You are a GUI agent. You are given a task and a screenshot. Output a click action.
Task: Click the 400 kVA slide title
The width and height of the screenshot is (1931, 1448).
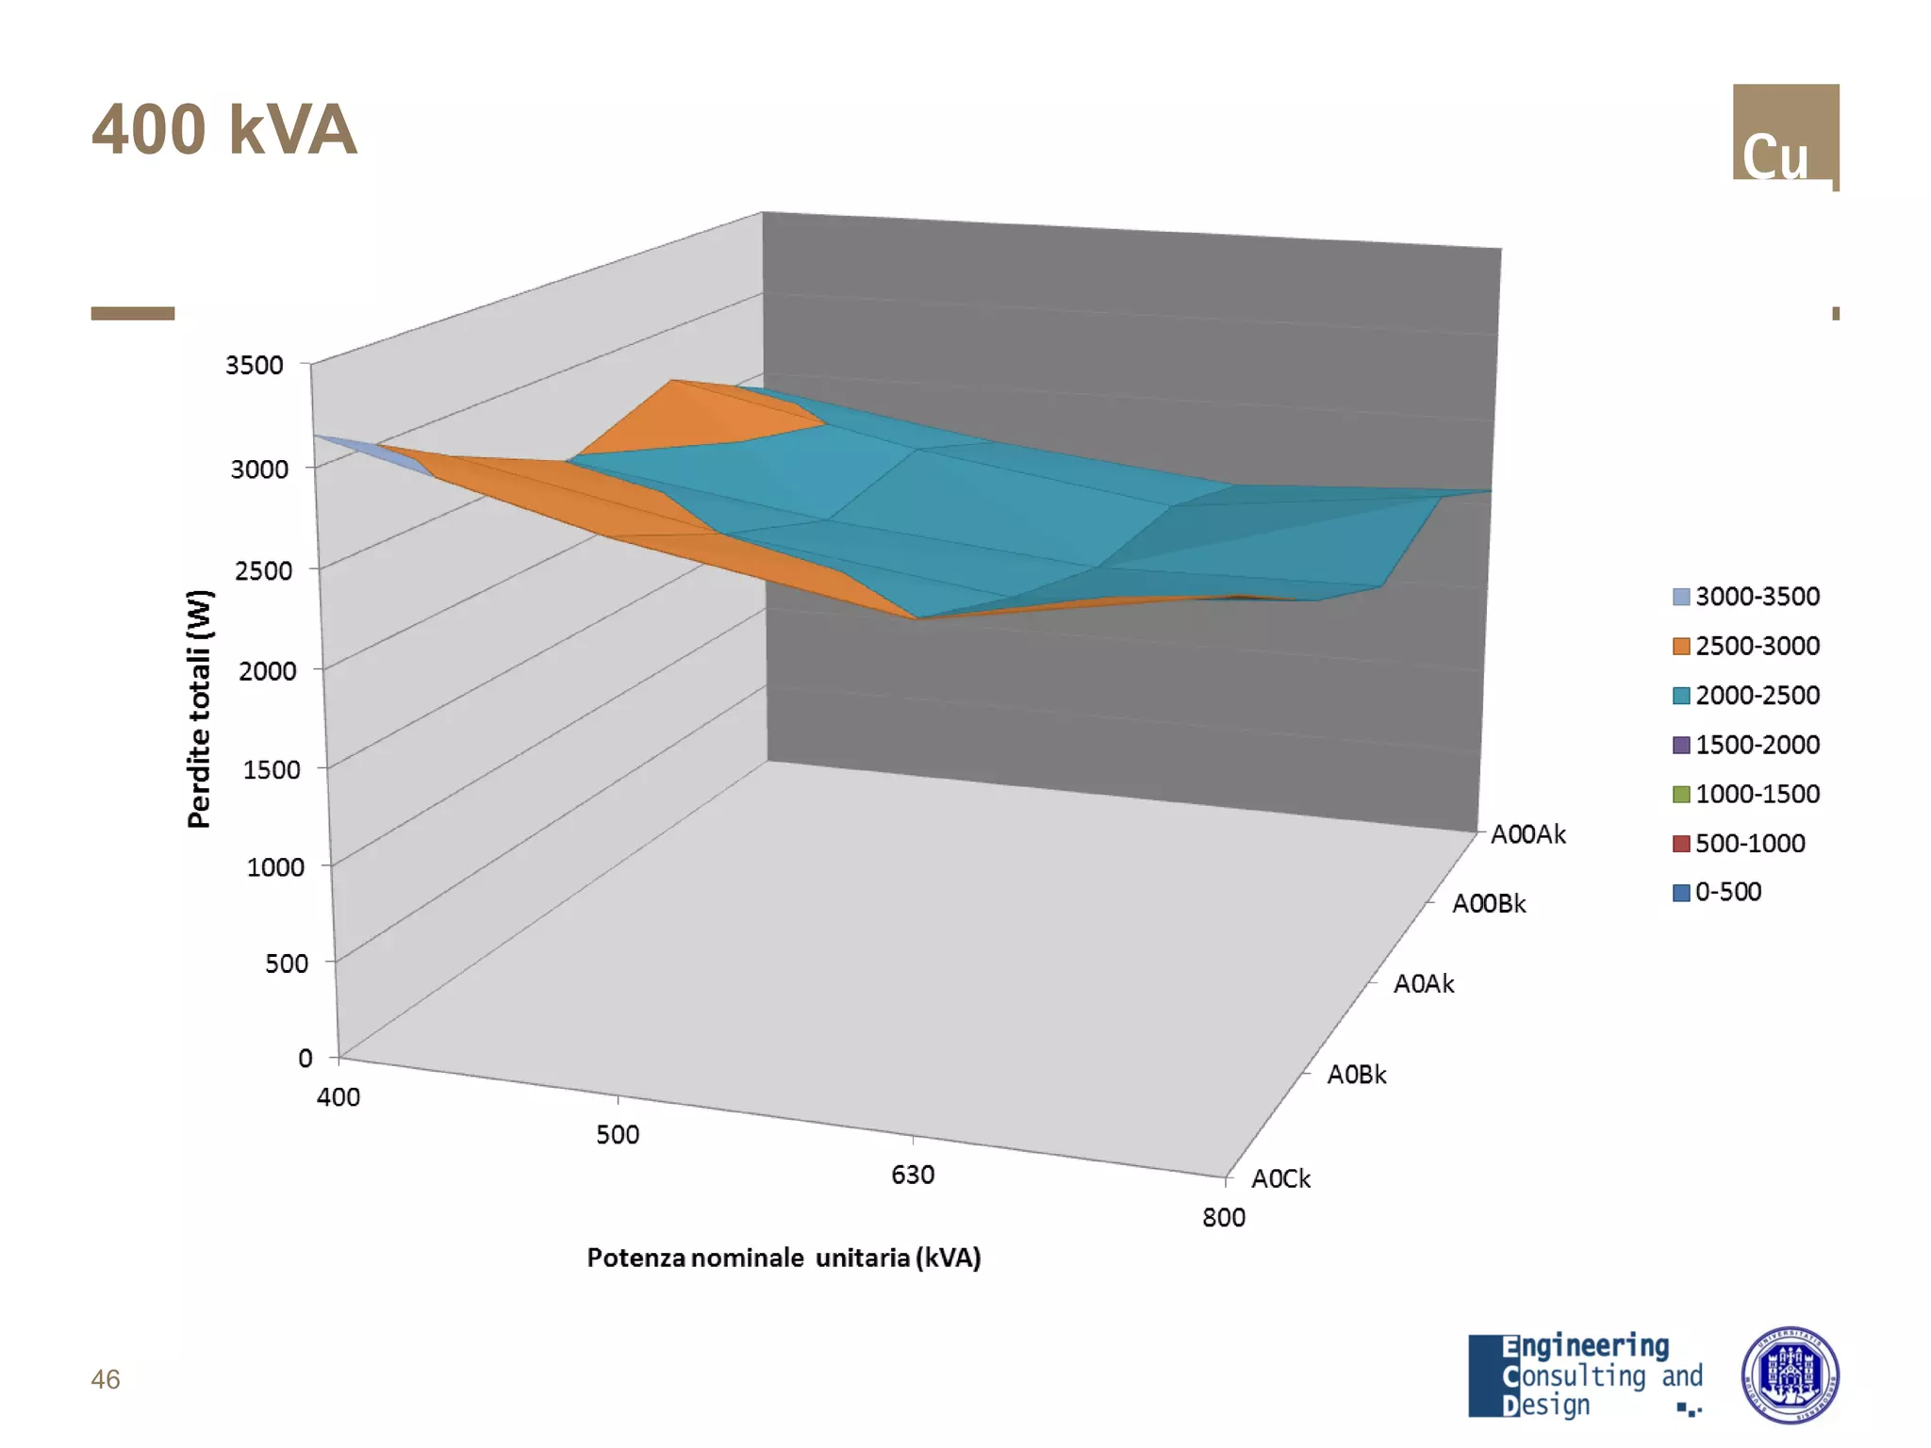[224, 130]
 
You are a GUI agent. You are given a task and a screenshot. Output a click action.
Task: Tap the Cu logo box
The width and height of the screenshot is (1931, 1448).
[1785, 134]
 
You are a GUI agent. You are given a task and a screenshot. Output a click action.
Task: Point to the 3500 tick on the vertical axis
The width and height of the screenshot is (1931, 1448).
[255, 365]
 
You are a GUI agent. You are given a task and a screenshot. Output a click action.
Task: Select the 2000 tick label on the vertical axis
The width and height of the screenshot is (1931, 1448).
[267, 671]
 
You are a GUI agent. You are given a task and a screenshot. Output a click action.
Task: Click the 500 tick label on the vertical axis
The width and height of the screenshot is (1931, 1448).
[287, 963]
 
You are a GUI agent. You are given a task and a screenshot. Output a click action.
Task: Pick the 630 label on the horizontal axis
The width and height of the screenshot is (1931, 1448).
[913, 1175]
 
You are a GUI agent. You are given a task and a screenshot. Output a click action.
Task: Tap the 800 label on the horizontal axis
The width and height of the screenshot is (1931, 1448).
[1224, 1218]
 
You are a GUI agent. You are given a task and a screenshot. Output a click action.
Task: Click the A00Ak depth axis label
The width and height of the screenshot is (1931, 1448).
[1527, 834]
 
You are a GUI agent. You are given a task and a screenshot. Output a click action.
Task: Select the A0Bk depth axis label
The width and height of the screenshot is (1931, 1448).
[1357, 1075]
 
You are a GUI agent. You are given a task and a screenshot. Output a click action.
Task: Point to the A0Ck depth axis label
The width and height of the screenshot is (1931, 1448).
[1280, 1178]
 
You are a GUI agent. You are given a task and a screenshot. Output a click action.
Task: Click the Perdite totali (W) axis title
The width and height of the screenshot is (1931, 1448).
[200, 709]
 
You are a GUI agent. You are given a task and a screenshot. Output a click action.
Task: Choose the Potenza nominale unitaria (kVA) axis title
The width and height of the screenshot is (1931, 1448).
[784, 1258]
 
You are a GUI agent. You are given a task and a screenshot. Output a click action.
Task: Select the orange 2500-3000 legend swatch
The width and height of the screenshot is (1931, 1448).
[1681, 647]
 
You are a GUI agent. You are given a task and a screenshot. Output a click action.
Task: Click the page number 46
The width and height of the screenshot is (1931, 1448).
[106, 1379]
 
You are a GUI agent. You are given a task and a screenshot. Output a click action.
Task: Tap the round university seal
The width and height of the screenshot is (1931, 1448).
[1790, 1374]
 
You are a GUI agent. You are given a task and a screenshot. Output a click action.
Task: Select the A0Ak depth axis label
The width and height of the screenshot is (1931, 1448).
[1424, 984]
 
